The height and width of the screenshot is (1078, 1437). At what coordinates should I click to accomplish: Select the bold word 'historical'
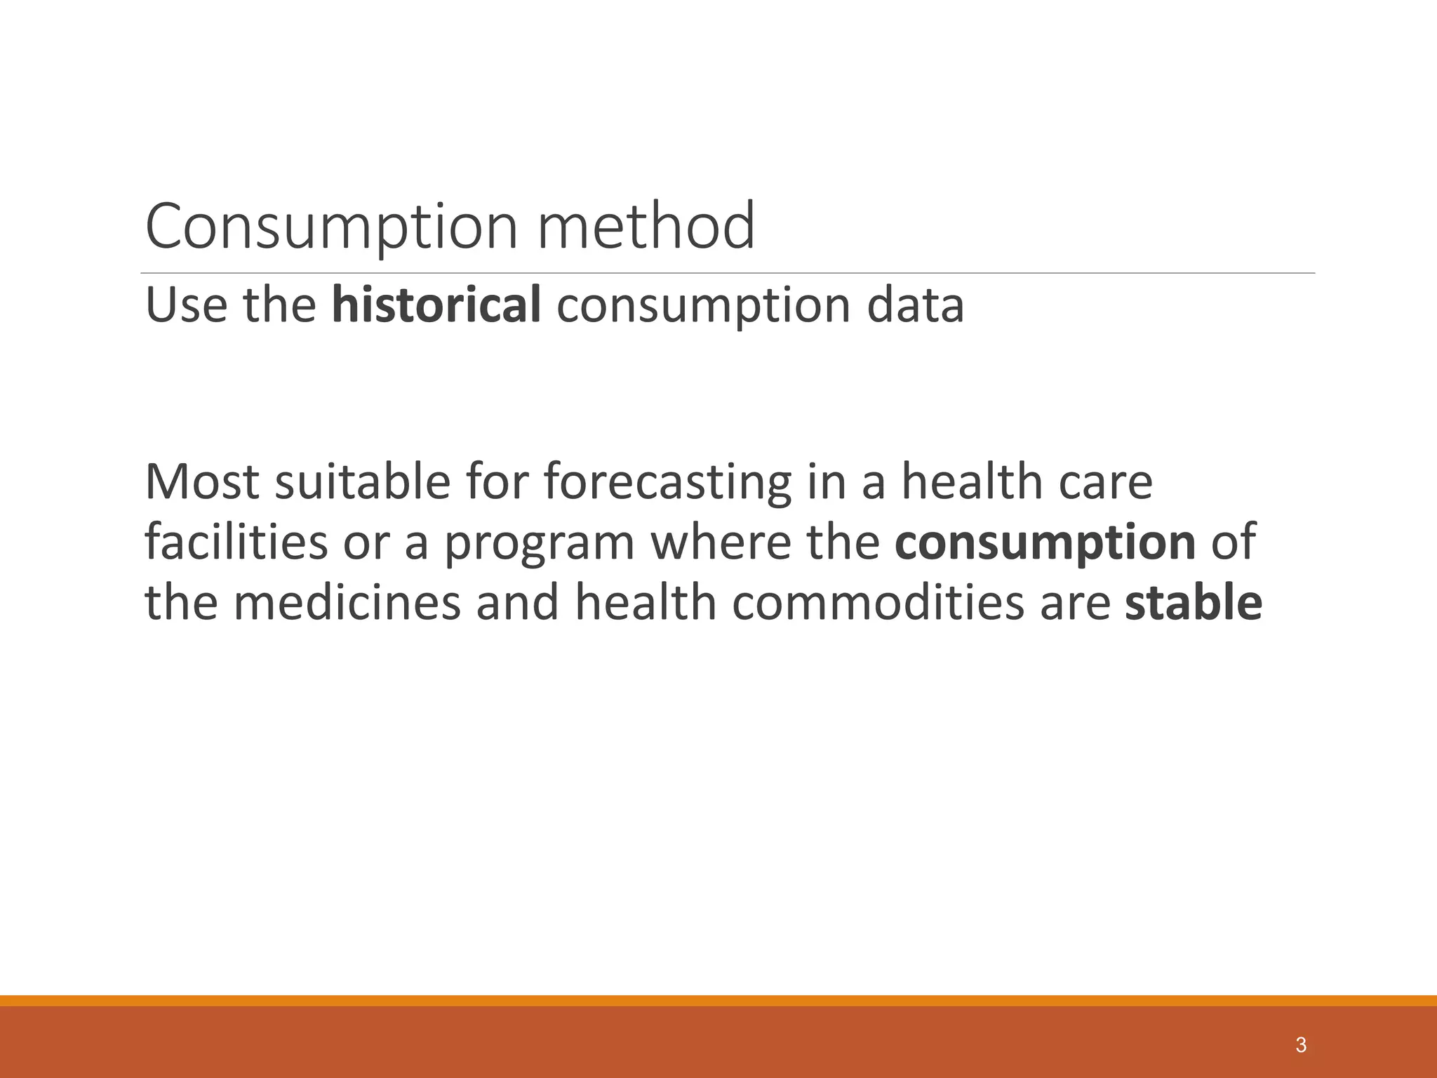(x=436, y=305)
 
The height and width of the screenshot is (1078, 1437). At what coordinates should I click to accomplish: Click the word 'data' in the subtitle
(x=915, y=305)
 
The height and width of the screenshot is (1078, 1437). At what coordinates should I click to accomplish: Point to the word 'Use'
(x=186, y=305)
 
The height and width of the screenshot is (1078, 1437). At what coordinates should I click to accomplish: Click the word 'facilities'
(x=236, y=543)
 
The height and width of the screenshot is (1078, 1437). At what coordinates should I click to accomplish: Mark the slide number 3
(x=1301, y=1045)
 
